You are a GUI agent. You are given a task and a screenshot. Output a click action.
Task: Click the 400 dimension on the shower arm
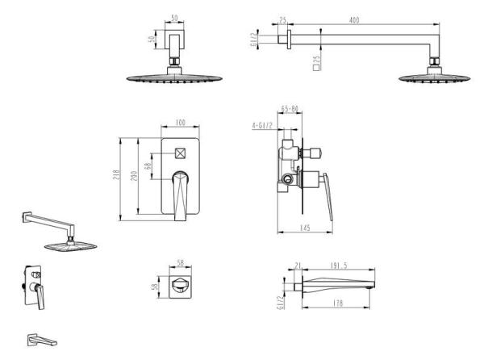coord(354,20)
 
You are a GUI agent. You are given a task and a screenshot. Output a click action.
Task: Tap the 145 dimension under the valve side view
coord(305,228)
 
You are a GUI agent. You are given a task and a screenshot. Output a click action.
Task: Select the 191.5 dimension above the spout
coord(339,266)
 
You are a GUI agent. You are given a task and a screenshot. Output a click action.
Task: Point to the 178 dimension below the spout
coord(338,303)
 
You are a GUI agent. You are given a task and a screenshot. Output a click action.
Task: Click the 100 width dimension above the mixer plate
coord(180,123)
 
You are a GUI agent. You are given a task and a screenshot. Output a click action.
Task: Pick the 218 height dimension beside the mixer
coord(116,175)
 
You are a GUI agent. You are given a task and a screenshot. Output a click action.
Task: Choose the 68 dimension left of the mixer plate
coord(148,165)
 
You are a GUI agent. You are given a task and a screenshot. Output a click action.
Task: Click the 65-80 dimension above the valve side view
coord(290,109)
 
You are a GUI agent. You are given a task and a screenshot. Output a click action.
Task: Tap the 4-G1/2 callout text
coord(262,126)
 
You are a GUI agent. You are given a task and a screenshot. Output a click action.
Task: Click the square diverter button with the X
coord(180,153)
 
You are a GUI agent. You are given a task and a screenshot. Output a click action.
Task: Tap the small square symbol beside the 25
coord(316,68)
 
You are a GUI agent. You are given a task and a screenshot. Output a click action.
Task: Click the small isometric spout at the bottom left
coord(42,340)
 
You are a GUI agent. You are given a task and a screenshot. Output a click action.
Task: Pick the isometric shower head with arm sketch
coord(59,232)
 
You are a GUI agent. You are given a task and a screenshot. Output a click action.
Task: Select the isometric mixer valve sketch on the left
coord(34,287)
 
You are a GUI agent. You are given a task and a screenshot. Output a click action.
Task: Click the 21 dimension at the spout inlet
coord(298,266)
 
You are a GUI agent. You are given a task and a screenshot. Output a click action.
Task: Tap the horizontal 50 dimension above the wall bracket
coord(174,19)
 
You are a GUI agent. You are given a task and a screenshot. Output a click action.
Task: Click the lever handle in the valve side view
coord(328,197)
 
